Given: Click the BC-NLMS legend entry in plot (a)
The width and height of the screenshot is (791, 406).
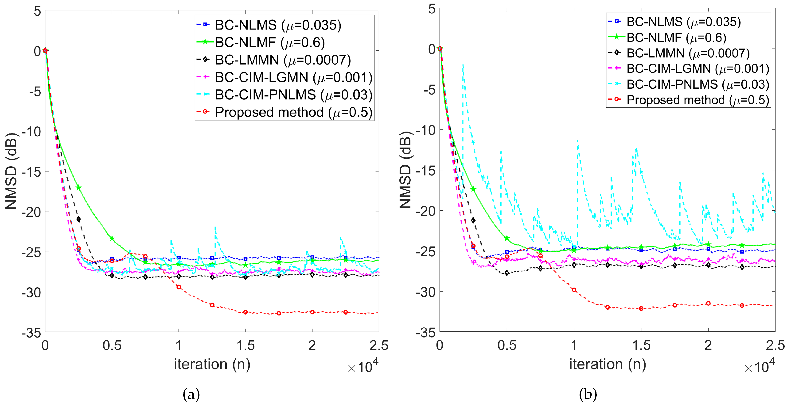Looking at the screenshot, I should (278, 25).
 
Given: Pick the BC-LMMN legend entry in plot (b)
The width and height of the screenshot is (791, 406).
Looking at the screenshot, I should (688, 53).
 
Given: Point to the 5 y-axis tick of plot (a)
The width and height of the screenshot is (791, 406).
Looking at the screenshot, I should (37, 11).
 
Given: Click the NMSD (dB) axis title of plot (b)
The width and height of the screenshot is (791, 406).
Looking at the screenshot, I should (405, 170).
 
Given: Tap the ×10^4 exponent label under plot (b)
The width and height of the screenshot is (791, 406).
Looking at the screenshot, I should (759, 366).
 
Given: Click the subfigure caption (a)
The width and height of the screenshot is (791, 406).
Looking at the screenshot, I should (191, 394).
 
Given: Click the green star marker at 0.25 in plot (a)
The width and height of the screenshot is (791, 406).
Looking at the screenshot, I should (79, 187).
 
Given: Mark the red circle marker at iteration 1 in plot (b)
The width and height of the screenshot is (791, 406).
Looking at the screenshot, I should (574, 290).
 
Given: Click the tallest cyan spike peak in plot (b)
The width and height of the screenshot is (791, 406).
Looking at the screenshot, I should (463, 65).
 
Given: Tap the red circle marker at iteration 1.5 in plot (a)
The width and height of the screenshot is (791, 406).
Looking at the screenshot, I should (245, 312).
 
